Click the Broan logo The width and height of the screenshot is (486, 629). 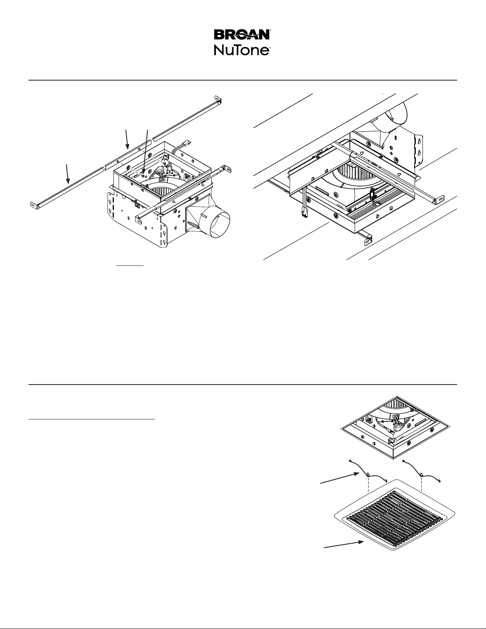[x=242, y=35]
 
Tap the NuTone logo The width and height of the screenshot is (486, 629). [x=242, y=50]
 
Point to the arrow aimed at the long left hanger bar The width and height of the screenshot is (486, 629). [x=68, y=174]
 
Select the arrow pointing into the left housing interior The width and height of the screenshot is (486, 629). [x=146, y=152]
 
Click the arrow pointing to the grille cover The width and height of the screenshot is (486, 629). [x=344, y=544]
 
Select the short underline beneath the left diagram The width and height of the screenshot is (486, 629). [x=130, y=265]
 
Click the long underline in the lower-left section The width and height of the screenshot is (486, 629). [x=92, y=419]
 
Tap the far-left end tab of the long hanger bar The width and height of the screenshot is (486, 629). [x=34, y=205]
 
